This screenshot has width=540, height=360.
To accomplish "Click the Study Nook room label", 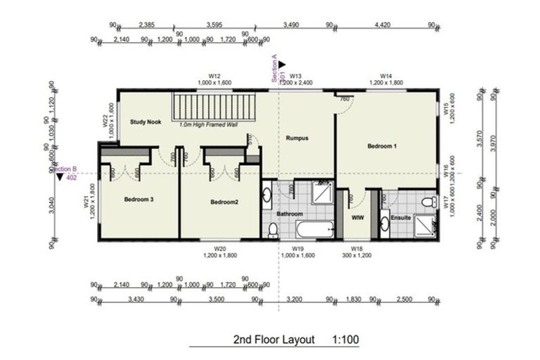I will (146, 122).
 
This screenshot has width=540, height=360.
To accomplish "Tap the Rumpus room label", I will (298, 139).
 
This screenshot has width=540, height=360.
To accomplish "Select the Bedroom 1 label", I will (382, 146).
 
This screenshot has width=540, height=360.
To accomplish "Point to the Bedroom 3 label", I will (139, 200).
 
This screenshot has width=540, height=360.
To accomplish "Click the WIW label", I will (357, 217).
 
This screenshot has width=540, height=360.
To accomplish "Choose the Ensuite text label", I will (400, 218).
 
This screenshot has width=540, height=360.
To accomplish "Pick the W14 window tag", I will (385, 75).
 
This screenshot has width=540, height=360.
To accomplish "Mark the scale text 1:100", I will (345, 340).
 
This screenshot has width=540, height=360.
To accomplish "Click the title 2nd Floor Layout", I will (274, 340).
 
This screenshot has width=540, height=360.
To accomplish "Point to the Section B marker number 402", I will (71, 178).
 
